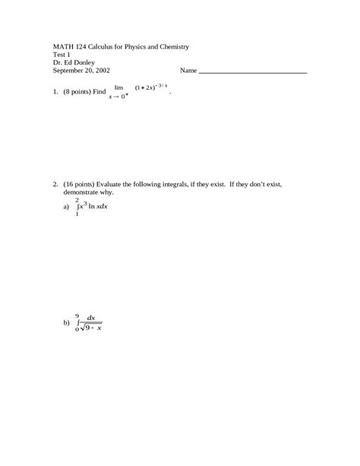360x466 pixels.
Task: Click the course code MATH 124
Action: [71, 47]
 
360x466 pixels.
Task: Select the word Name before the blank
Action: [188, 71]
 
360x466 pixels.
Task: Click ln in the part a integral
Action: [93, 206]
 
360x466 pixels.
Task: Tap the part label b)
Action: [66, 322]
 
